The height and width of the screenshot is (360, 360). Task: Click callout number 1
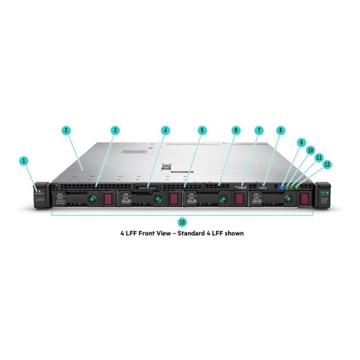pyautogui.click(x=24, y=161)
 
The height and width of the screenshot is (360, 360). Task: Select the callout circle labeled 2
pyautogui.click(x=66, y=130)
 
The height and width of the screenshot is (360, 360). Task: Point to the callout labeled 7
pyautogui.click(x=259, y=130)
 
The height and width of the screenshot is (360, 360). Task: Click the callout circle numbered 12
pyautogui.click(x=327, y=164)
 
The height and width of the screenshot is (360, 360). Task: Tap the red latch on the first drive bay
pyautogui.click(x=109, y=199)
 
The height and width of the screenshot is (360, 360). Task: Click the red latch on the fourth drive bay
pyautogui.click(x=305, y=199)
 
